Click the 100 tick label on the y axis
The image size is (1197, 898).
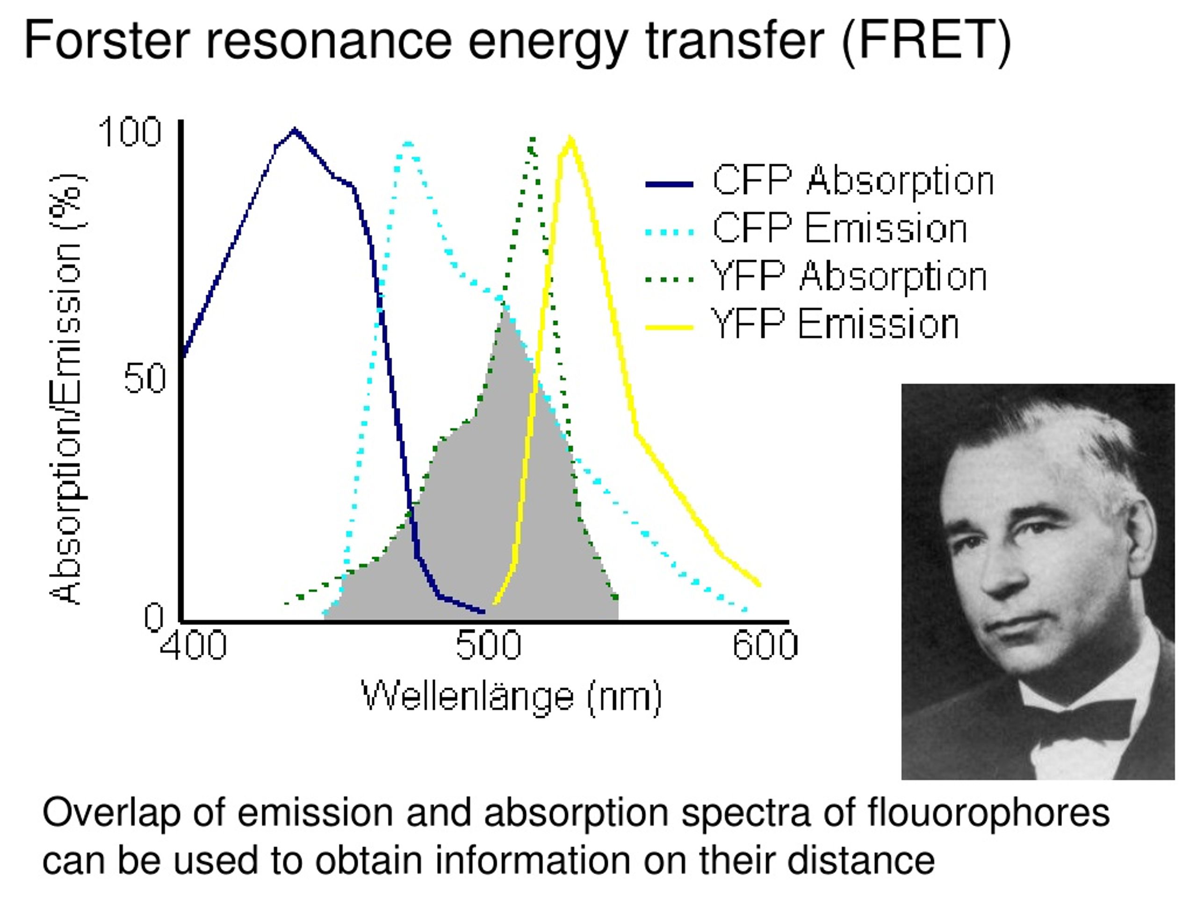(x=130, y=131)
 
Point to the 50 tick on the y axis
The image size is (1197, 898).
(x=144, y=378)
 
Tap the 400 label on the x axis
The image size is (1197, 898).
(x=193, y=646)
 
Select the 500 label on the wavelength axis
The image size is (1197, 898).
(x=488, y=646)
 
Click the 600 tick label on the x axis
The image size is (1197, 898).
(x=765, y=646)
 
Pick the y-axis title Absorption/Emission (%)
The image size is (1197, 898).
(x=67, y=389)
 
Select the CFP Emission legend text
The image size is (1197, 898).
(x=839, y=228)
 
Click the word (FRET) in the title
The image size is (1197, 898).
(x=926, y=41)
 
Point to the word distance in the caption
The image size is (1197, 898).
(x=861, y=860)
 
